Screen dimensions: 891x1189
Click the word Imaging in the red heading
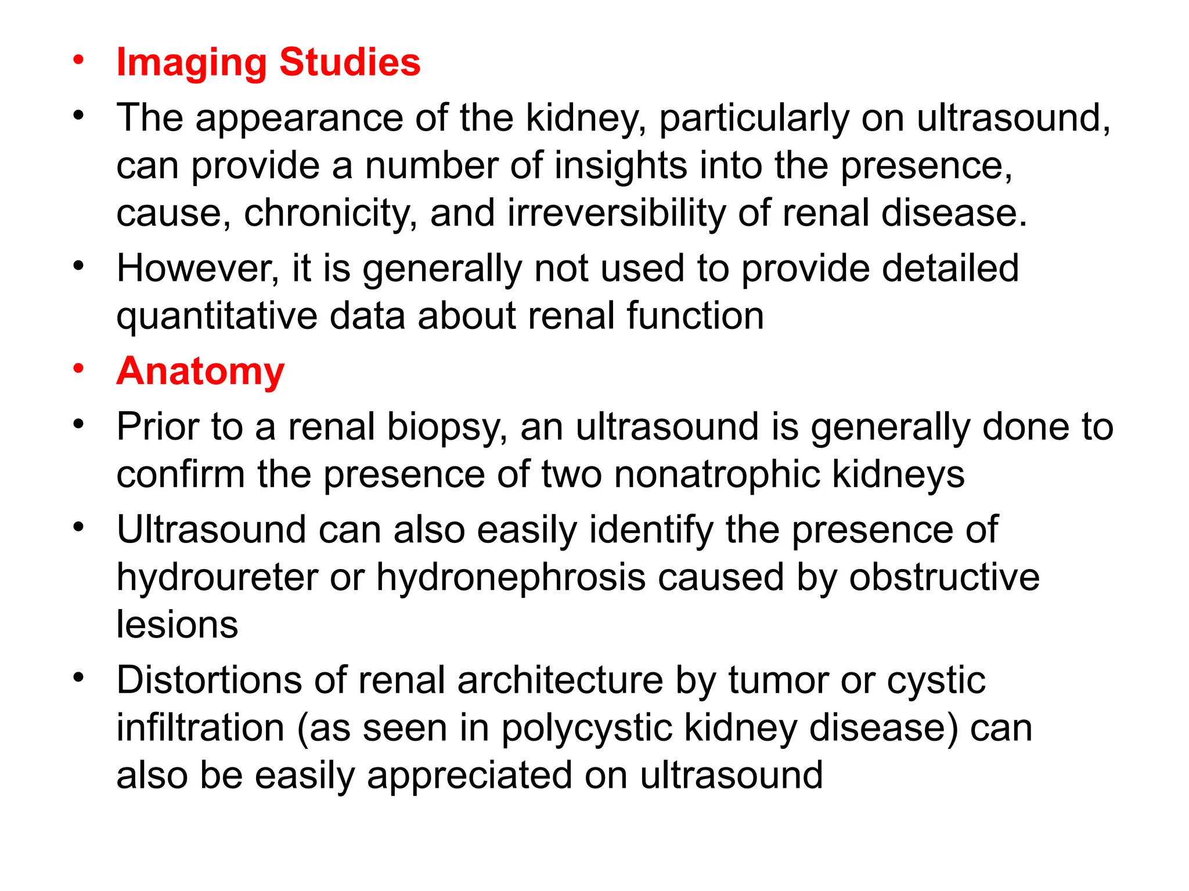click(x=191, y=63)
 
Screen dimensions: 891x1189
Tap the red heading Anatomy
click(x=200, y=371)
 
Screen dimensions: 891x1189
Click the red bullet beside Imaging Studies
click(x=78, y=60)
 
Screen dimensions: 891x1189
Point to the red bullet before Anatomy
click(x=78, y=369)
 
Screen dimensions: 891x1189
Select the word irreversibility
click(x=616, y=212)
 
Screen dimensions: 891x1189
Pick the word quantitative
click(x=217, y=317)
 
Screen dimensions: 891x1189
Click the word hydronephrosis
click(x=511, y=578)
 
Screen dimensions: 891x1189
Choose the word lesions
click(x=177, y=625)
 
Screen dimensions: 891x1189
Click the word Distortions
click(x=209, y=680)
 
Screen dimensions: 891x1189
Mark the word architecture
click(x=560, y=680)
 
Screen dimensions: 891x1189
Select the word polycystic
click(x=587, y=729)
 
